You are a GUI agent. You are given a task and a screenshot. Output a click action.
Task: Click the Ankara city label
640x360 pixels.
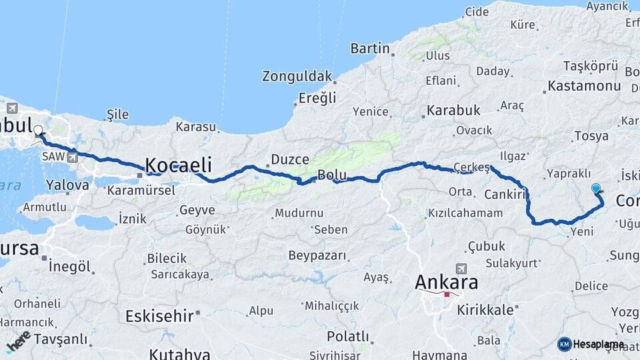[x=446, y=282]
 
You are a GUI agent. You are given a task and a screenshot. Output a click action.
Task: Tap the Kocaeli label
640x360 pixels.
[x=178, y=165]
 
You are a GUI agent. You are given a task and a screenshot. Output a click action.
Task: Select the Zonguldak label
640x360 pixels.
[x=297, y=75]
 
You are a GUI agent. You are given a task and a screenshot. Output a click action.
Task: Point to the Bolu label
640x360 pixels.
[x=331, y=175]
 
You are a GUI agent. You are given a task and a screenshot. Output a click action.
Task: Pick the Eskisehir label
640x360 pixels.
[x=160, y=316]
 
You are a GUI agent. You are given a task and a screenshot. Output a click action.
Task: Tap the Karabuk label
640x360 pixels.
[x=453, y=110]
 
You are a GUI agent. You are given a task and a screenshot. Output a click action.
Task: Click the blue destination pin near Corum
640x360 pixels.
[x=595, y=189]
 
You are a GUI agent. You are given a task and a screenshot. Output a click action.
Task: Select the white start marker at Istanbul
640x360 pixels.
[x=38, y=131]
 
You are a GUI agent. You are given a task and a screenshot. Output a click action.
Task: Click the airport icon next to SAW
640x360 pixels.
[x=71, y=157]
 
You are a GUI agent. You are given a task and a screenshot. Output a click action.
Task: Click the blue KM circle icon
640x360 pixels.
[x=564, y=344]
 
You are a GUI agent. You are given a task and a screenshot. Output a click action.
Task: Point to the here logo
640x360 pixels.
[x=18, y=341]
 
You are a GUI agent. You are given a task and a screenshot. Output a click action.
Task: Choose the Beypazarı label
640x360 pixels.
[x=317, y=255]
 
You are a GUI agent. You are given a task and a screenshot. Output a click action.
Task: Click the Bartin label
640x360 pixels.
[x=369, y=48]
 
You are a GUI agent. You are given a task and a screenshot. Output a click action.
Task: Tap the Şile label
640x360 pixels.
[x=117, y=115]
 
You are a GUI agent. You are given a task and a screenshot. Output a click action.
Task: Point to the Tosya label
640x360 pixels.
[x=591, y=136]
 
